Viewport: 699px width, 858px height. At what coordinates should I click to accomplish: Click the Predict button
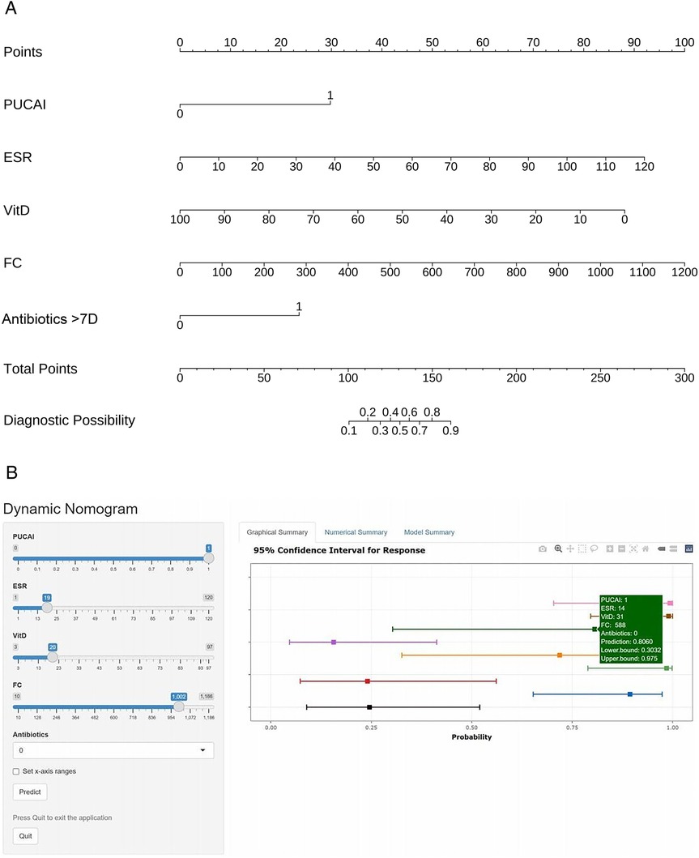coord(29,791)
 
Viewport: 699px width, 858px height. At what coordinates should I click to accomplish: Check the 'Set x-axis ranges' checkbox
coord(16,770)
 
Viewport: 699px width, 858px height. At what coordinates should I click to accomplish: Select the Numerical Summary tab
coord(356,532)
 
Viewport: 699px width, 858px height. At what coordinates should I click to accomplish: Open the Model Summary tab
coord(429,532)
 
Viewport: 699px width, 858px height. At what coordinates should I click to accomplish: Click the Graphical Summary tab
coord(278,532)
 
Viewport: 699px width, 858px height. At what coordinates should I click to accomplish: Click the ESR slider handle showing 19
coord(47,606)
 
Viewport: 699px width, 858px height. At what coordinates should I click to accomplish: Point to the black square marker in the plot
coord(369,707)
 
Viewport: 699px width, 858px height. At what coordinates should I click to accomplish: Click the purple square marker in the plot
coord(334,642)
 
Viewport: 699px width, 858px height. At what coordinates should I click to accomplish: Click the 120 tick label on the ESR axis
coord(643,167)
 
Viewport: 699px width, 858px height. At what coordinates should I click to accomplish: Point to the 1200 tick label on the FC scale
coord(684,273)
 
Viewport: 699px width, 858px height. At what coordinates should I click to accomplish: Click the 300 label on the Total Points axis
coord(684,378)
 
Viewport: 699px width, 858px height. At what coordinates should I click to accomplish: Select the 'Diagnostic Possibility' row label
coord(69,420)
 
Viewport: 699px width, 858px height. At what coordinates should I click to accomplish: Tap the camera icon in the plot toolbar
coord(543,549)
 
